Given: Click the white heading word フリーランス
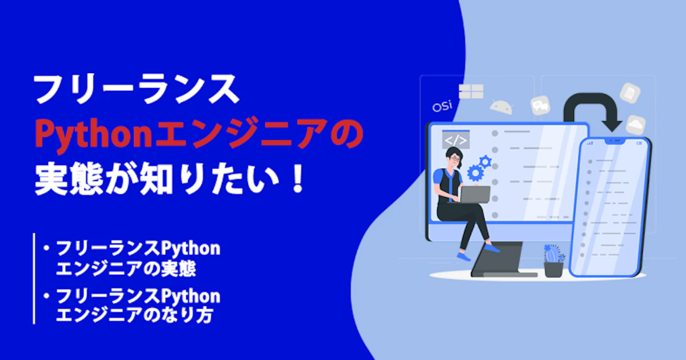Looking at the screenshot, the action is pyautogui.click(x=136, y=89).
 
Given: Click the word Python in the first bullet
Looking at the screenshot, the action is pyautogui.click(x=190, y=249).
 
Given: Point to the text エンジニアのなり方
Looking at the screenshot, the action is pyautogui.click(x=134, y=315).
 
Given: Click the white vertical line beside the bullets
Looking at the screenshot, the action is pyautogui.click(x=34, y=278).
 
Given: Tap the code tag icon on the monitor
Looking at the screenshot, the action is pyautogui.click(x=456, y=140).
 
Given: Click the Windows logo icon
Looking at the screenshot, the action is pyautogui.click(x=471, y=91).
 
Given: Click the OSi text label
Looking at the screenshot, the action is pyautogui.click(x=442, y=106).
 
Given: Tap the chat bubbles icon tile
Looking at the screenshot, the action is pyautogui.click(x=540, y=106).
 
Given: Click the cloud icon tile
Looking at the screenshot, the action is pyautogui.click(x=636, y=125).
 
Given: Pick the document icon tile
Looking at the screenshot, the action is pyautogui.click(x=630, y=93).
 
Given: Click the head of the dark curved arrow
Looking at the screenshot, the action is pyautogui.click(x=612, y=125).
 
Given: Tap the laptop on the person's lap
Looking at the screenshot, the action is pyautogui.click(x=474, y=195).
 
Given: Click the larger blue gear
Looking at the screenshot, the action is pyautogui.click(x=475, y=173).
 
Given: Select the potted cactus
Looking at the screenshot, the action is pyautogui.click(x=554, y=261).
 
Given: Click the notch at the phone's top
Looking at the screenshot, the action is pyautogui.click(x=614, y=141).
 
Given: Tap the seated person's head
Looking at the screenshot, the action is pyautogui.click(x=454, y=157).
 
